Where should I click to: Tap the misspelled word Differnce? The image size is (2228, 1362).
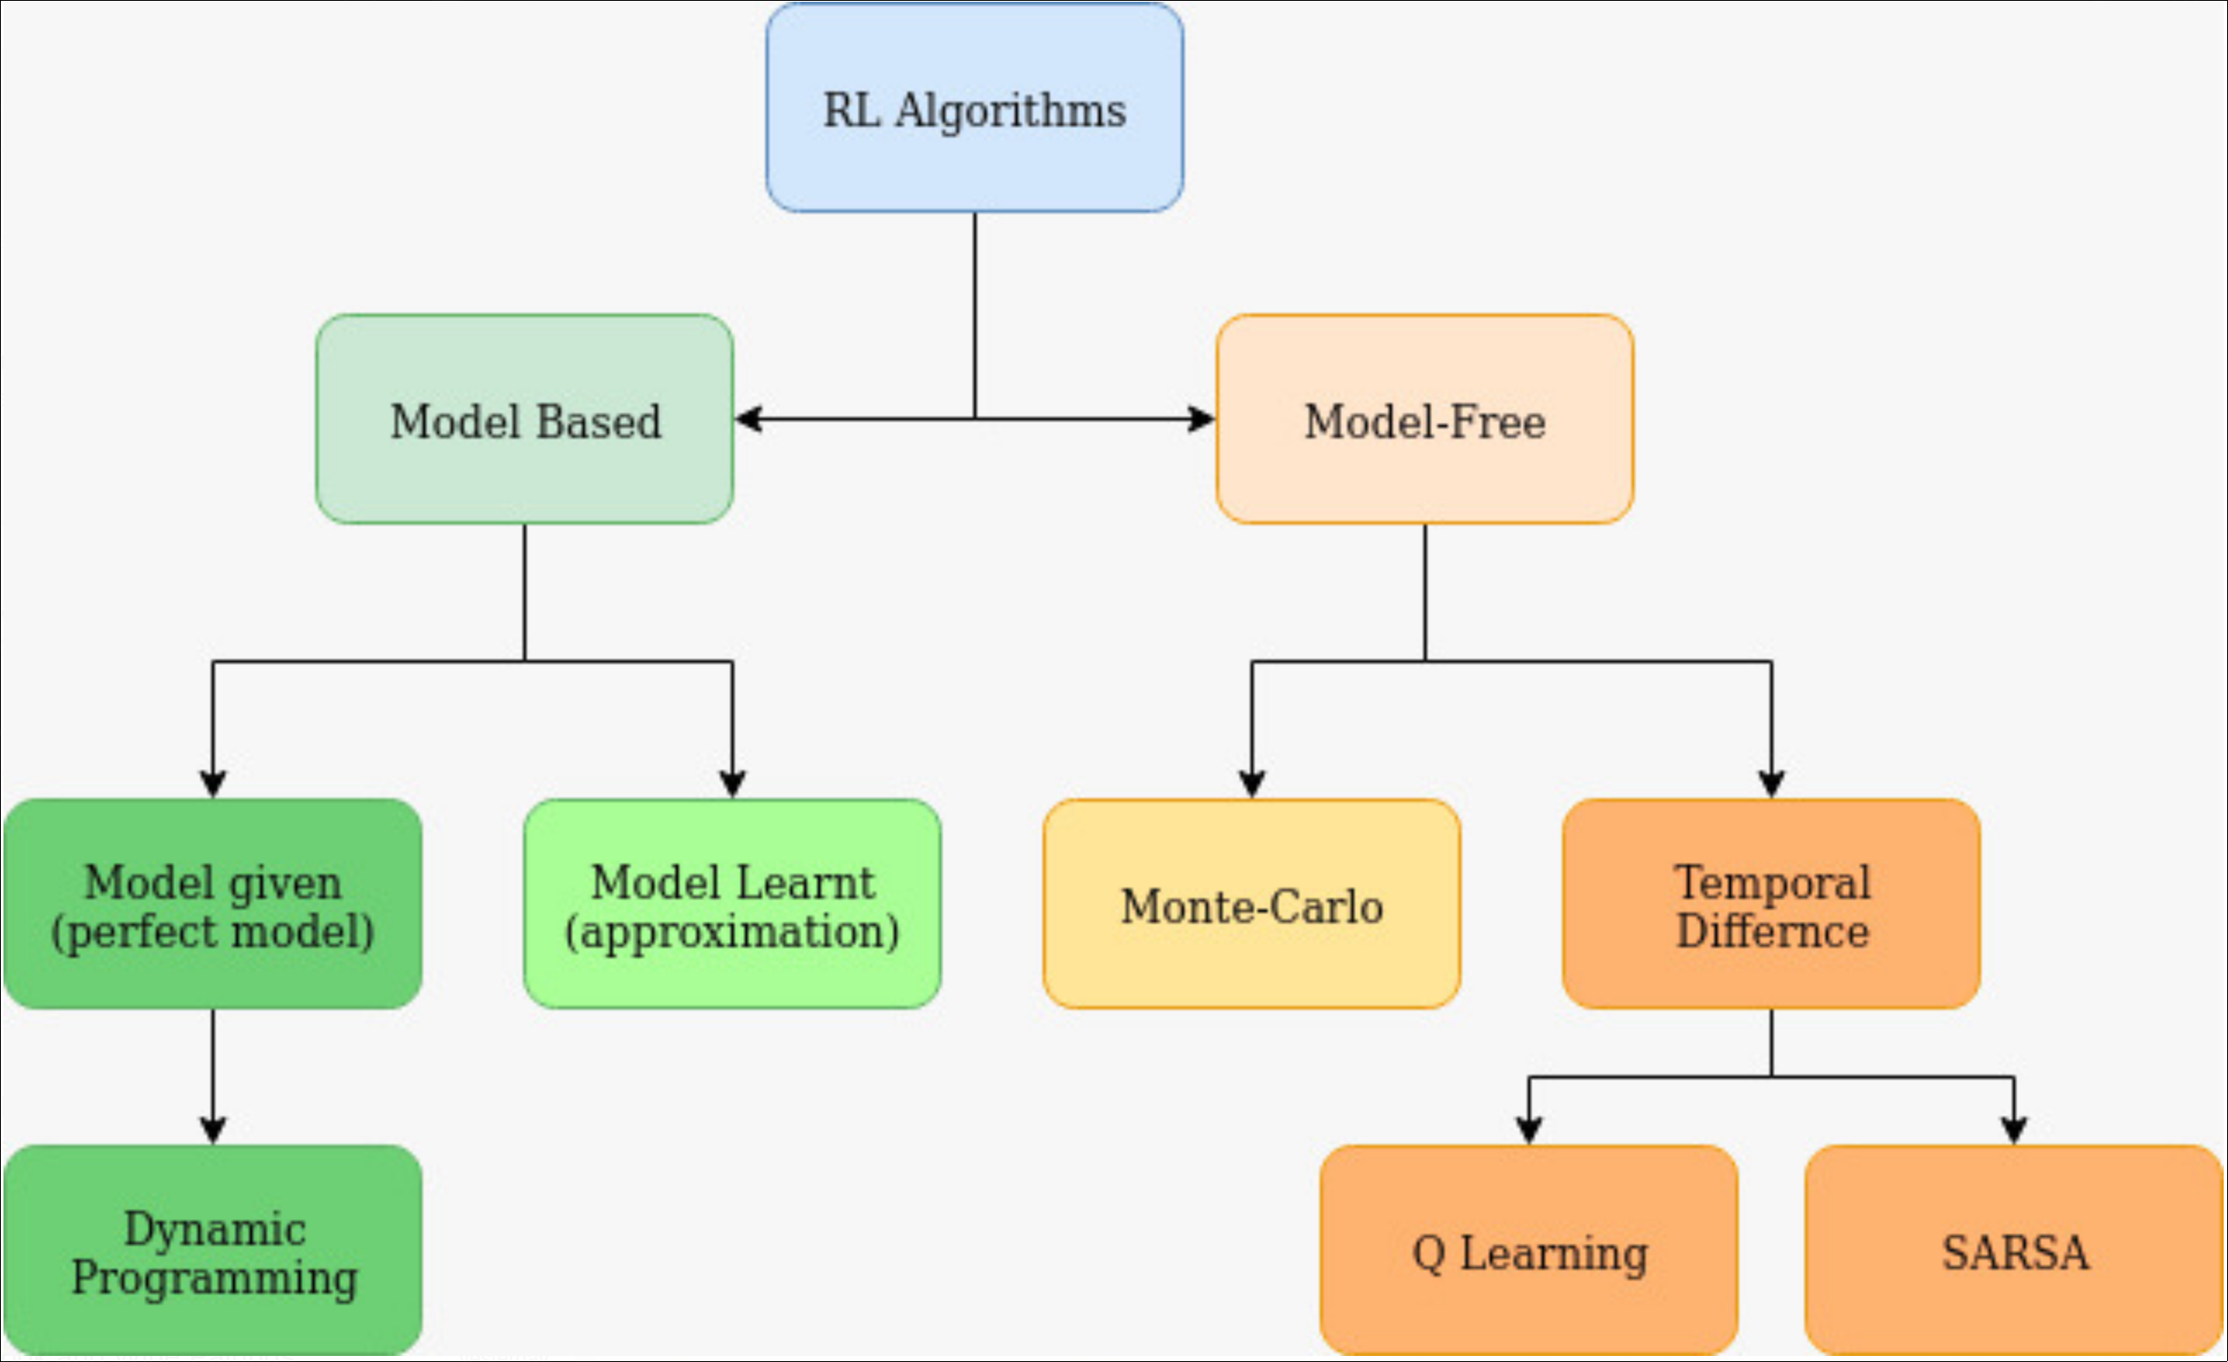pyautogui.click(x=1773, y=932)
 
